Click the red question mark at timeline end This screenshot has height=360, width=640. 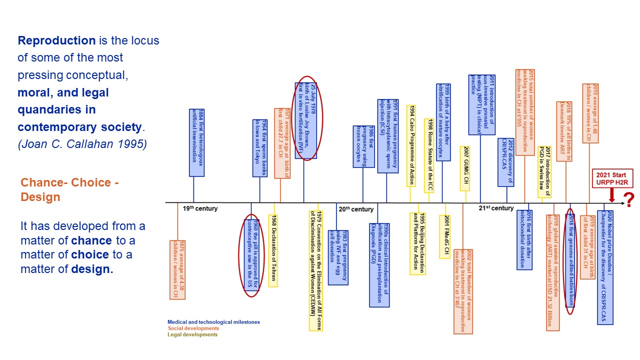pos(629,200)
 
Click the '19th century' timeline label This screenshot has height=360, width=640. pos(200,208)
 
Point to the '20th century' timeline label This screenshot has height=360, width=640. pos(356,209)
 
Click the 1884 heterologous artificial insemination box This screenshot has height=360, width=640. pos(196,142)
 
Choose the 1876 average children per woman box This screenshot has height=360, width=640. pos(177,269)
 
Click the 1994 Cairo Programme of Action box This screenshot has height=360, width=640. pos(411,145)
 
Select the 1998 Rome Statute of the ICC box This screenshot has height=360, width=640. pos(428,155)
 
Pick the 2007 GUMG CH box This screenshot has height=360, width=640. pos(465,168)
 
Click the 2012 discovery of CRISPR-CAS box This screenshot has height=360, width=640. pos(506,162)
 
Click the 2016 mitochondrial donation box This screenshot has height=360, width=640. pos(524,239)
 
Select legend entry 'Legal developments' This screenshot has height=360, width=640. pos(192,334)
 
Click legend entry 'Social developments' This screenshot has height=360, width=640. pos(193,328)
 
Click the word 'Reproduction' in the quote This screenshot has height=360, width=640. pos(56,40)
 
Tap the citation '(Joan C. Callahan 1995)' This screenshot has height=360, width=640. pos(82,144)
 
